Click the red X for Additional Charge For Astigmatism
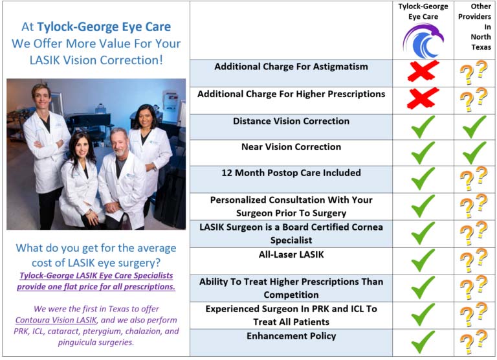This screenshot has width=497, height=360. (x=423, y=71)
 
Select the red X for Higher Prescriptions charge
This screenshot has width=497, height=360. (x=423, y=98)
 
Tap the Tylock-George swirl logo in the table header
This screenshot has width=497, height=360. (x=423, y=41)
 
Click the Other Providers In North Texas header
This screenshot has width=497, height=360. (x=475, y=27)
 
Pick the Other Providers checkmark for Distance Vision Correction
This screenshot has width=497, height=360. (x=474, y=127)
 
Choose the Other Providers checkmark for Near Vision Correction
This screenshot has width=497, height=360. (x=474, y=153)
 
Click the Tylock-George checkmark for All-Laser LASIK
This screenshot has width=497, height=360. (x=423, y=260)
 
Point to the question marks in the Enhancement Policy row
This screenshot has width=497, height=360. (x=474, y=342)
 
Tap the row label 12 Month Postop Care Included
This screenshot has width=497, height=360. (x=291, y=173)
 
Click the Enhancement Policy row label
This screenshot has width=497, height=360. (x=291, y=336)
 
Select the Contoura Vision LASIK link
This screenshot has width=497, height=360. (x=56, y=320)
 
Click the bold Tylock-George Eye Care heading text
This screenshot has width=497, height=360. (x=104, y=27)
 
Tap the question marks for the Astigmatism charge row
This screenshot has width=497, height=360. (x=474, y=73)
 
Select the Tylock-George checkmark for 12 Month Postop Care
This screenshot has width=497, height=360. (x=423, y=179)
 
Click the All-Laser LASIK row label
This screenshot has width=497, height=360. (x=291, y=254)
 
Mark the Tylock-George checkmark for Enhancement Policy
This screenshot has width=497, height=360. (x=423, y=342)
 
